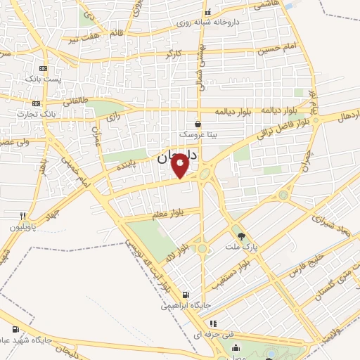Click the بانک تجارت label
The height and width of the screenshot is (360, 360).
pos(58,113)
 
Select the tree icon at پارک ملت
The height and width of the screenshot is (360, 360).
pos(241,236)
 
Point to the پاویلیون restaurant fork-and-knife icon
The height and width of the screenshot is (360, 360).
pos(23,217)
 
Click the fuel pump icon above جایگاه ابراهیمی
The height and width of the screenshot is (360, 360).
pos(185,295)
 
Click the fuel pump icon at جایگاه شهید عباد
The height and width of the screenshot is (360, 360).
pos(15,328)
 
